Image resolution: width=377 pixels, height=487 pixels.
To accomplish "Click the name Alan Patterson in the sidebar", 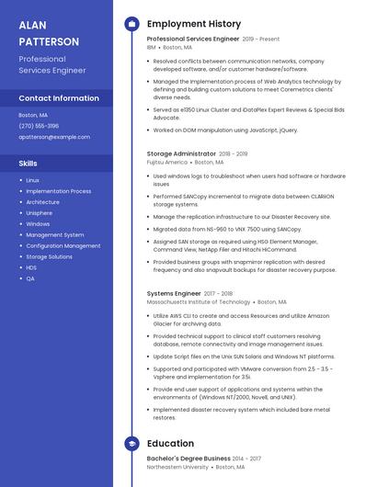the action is [x=49, y=33].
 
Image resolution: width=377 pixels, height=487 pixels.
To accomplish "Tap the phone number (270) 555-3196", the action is [x=39, y=126].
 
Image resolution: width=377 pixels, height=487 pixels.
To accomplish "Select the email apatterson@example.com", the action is [x=54, y=137].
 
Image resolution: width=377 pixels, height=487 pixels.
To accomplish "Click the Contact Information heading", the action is [x=59, y=97].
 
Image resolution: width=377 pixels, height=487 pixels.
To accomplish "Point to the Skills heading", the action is [x=28, y=163].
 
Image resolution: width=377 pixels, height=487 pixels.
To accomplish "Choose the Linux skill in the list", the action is [x=32, y=180].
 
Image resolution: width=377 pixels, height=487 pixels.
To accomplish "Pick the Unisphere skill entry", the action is [x=40, y=212].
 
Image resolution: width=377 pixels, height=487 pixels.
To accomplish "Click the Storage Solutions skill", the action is [x=49, y=256].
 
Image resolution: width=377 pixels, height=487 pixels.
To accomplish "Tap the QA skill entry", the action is [x=30, y=278].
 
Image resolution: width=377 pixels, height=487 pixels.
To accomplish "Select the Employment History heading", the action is [x=194, y=24].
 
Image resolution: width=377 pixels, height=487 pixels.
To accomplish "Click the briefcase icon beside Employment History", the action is [x=131, y=24].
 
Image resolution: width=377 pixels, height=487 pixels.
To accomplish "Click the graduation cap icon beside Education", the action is [x=131, y=443].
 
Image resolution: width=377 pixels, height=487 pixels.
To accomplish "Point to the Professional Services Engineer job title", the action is [x=193, y=40].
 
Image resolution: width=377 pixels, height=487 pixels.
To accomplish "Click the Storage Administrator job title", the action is [x=181, y=154].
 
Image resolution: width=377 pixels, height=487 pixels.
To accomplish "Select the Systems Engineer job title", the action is [x=174, y=294].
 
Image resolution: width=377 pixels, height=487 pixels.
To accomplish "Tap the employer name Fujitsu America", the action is [x=166, y=162].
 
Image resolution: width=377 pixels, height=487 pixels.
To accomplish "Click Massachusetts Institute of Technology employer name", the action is [x=199, y=301].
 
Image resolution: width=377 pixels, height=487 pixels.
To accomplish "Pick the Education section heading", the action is [x=170, y=443].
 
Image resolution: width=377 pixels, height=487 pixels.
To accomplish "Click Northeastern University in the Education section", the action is [x=177, y=466].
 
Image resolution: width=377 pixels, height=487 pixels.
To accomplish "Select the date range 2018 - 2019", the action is [x=234, y=154].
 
